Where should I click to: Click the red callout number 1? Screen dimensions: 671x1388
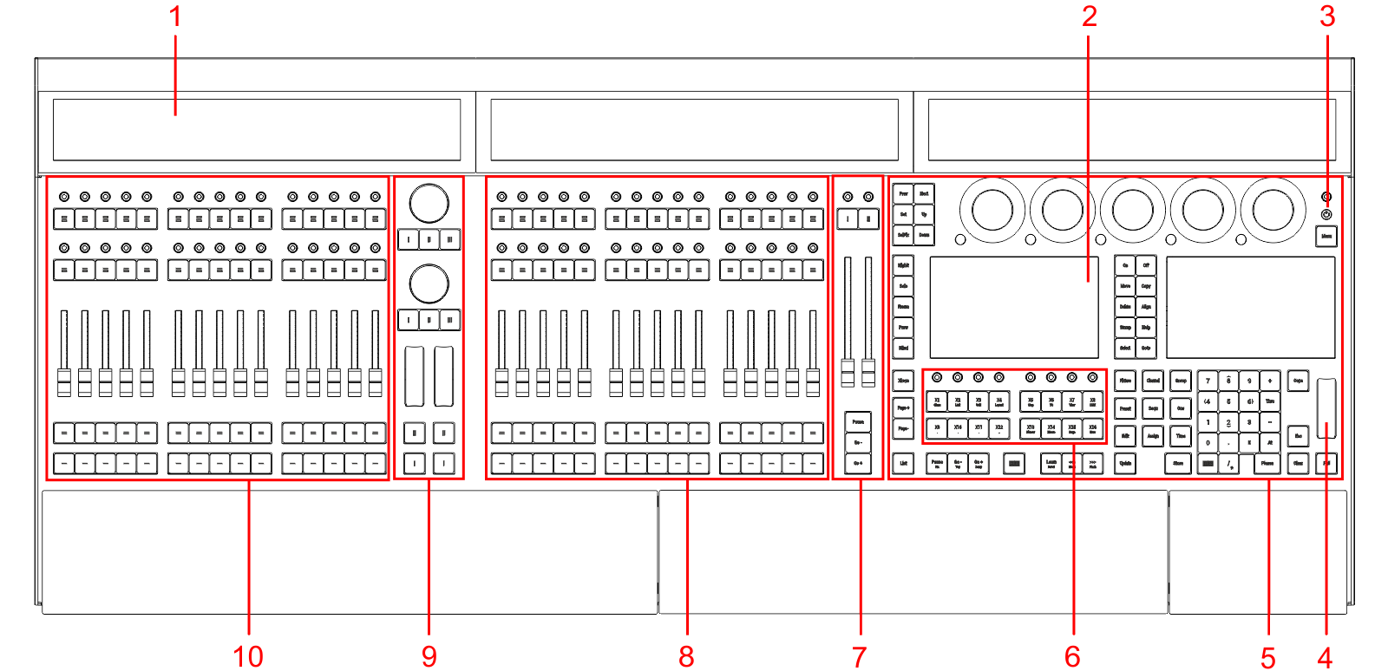[175, 16]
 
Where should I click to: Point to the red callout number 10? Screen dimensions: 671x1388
[248, 656]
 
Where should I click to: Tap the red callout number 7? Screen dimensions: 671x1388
[859, 656]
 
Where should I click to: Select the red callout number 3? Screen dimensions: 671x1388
[1326, 16]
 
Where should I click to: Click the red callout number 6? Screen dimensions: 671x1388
[1072, 656]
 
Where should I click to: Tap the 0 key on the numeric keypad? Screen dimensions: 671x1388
[1208, 442]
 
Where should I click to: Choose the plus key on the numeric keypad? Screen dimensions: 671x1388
[1270, 381]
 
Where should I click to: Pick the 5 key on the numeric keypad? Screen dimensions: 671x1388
[1228, 401]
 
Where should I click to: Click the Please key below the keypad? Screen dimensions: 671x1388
[1267, 464]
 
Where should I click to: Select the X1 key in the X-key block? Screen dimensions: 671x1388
[937, 401]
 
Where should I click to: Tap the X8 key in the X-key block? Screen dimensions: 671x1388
[1093, 401]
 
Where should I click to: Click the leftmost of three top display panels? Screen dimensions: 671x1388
[257, 129]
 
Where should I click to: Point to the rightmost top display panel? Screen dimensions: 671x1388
[1131, 129]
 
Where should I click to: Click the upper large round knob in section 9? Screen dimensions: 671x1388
[429, 203]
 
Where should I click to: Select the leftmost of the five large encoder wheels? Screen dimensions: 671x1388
[992, 210]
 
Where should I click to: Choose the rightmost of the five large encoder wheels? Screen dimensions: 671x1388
[1273, 210]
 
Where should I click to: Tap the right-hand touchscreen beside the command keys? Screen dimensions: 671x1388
[1250, 306]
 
